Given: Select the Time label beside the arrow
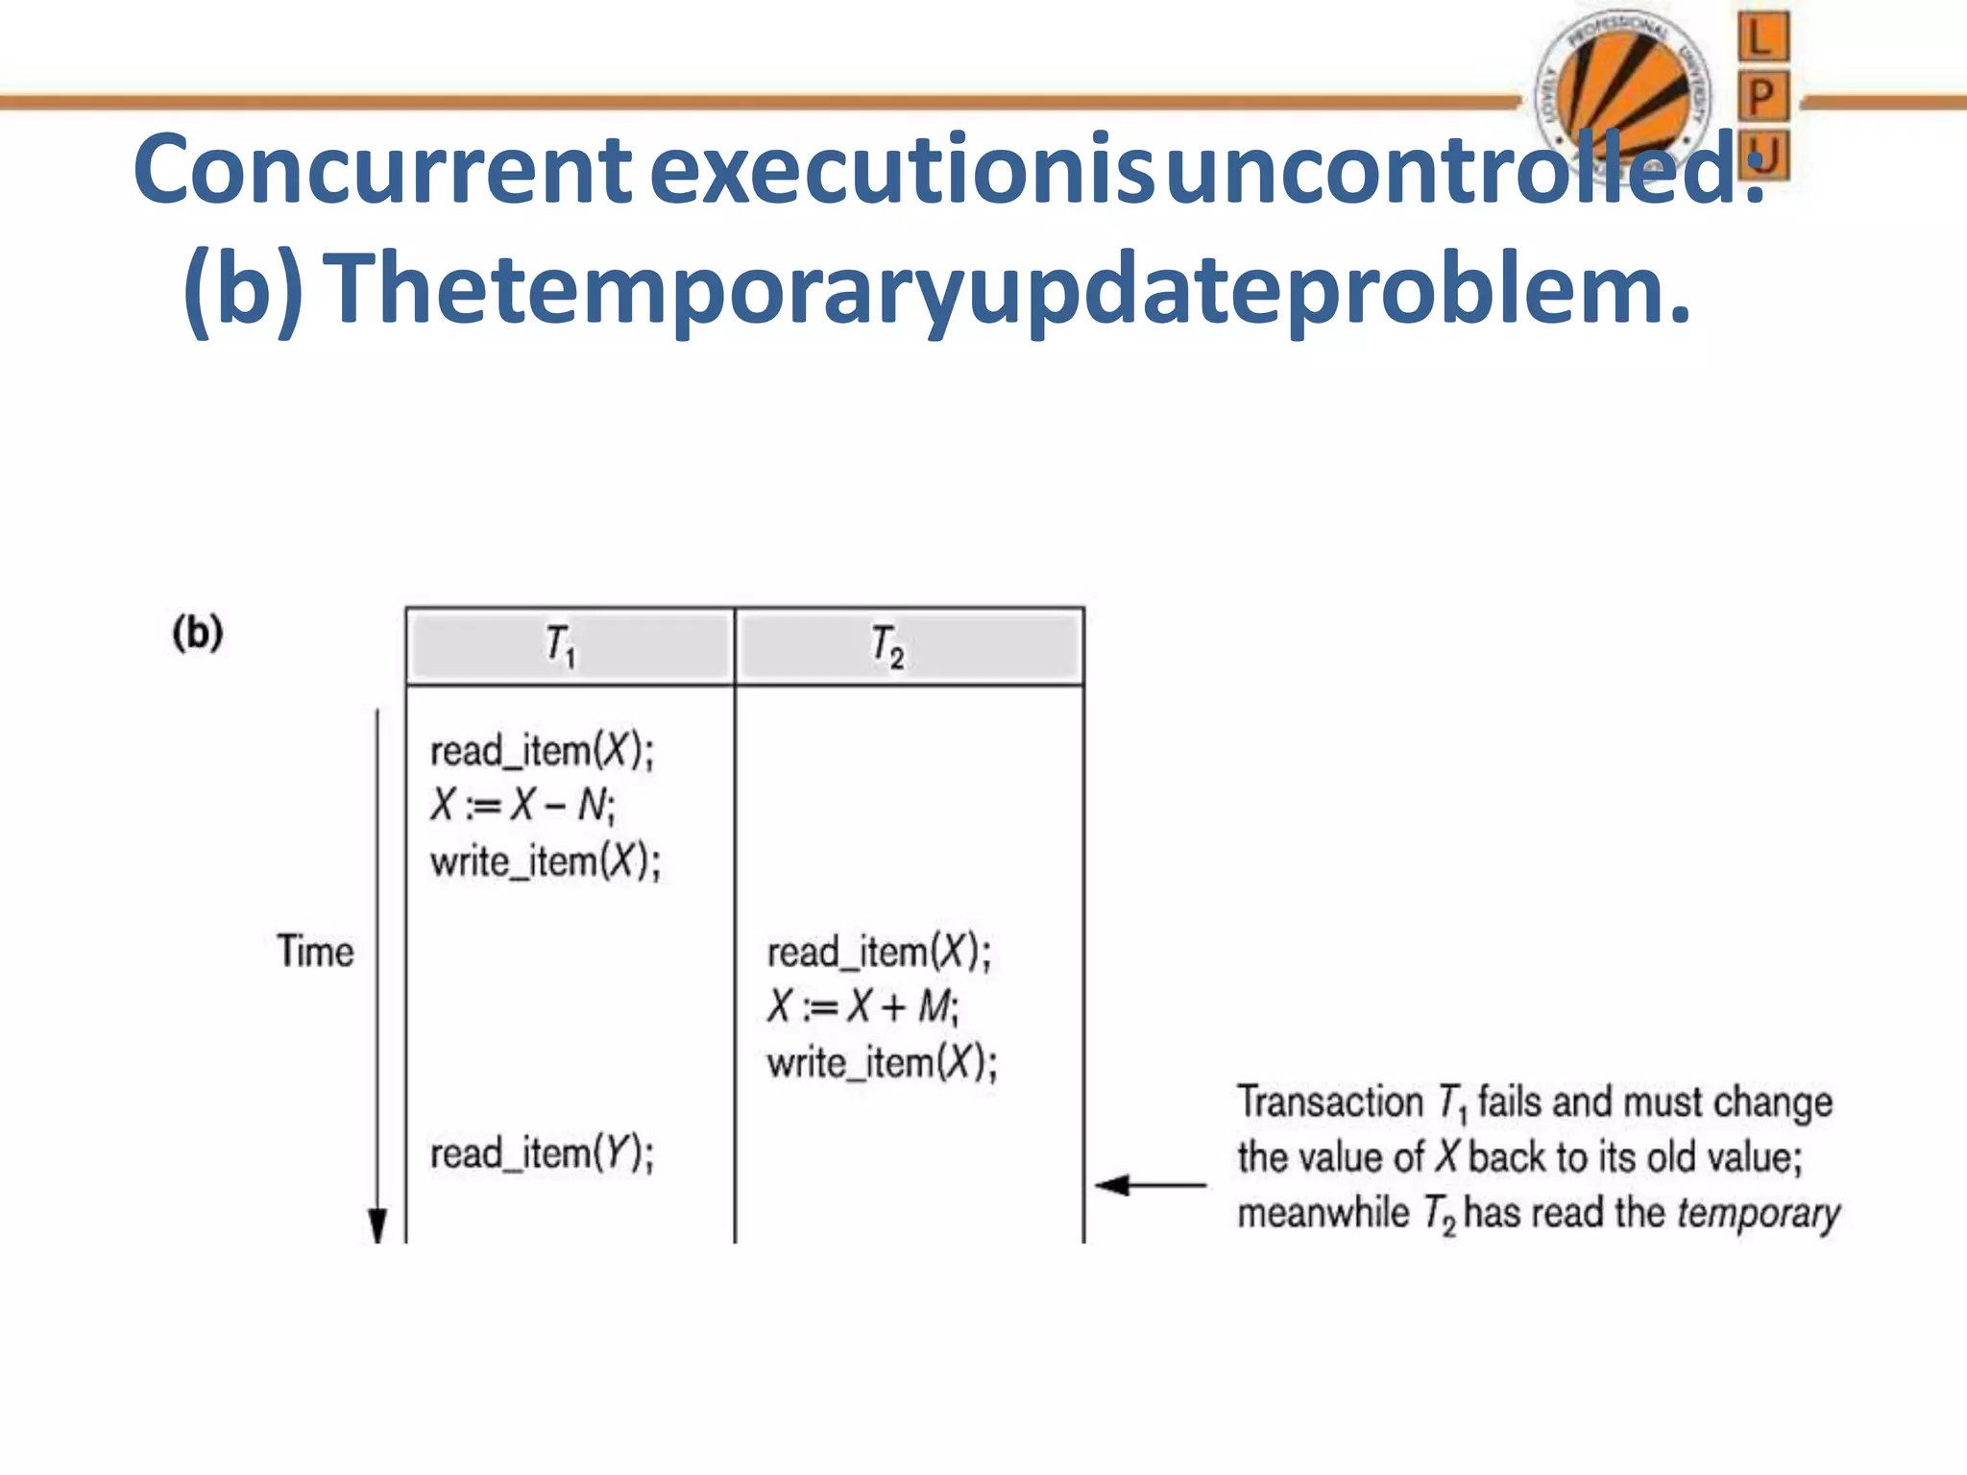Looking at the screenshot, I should coord(316,952).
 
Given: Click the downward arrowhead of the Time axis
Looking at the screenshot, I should coord(377,1225).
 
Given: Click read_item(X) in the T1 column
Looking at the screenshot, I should coord(542,751).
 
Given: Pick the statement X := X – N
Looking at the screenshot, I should coord(522,805).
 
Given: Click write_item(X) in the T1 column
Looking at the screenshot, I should coord(546,861).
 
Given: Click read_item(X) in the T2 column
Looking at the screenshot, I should coord(879,953).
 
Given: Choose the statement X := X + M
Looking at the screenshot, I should coord(862,1007).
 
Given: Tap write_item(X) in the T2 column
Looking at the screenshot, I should coord(882,1063).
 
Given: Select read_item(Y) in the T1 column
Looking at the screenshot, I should coord(542,1153).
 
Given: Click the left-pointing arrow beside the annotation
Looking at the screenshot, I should coord(1150,1185).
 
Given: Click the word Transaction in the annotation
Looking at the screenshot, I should coord(1330,1101).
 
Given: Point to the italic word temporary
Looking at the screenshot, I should coord(1758,1214).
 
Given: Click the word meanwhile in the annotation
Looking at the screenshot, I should coord(1323,1213).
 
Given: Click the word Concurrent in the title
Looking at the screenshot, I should coord(382,171).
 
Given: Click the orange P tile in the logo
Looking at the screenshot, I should coord(1762,97).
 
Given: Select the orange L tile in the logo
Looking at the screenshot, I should coord(1762,38).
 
